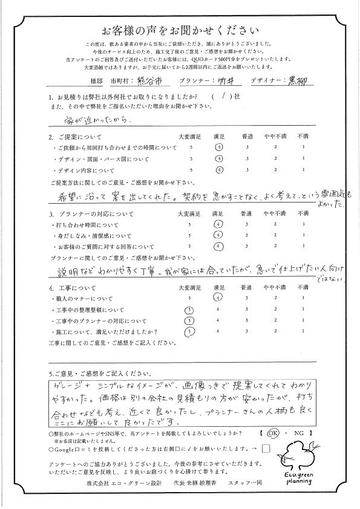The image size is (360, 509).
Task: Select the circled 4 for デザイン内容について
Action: [219, 170]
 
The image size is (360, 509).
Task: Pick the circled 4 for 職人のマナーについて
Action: [219, 297]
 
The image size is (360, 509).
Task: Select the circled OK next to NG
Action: [273, 433]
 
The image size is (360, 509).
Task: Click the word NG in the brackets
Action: [299, 433]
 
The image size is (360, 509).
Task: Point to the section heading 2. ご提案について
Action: [77, 137]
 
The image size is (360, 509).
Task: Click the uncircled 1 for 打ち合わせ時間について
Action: [303, 223]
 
